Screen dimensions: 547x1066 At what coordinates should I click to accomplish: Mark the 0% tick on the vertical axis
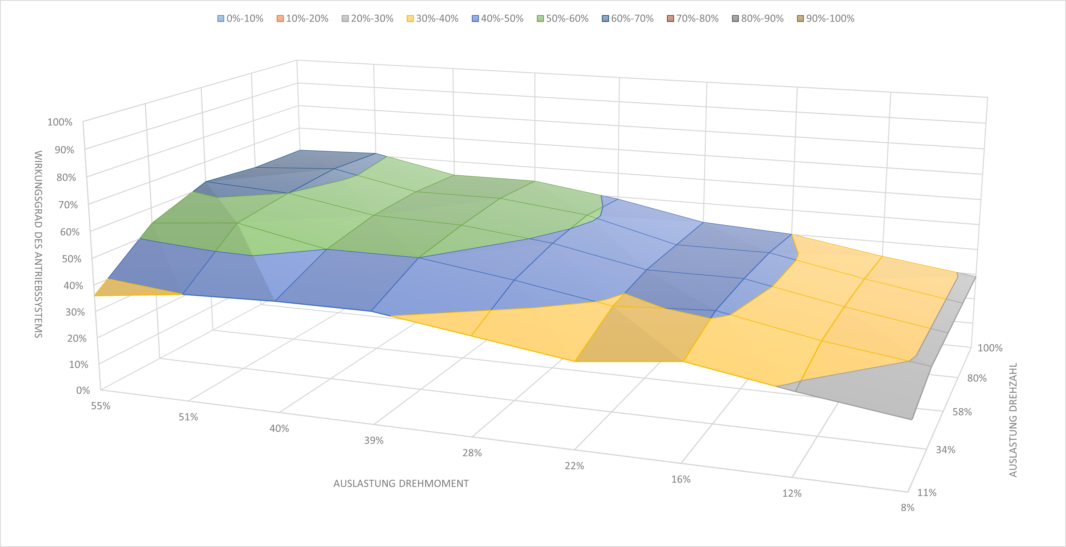pos(83,390)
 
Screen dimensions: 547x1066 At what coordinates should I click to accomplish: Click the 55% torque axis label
pos(100,406)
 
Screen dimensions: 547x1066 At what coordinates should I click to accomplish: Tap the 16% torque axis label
pos(681,479)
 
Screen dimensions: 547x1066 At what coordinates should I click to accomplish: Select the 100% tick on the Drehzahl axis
pos(990,348)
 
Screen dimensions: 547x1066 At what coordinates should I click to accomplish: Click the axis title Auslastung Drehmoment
pos(401,484)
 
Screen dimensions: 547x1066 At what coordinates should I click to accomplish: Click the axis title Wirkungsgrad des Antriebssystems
pos(38,244)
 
